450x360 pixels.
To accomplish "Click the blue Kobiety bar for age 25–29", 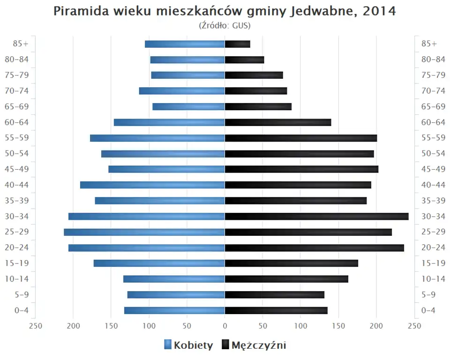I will [144, 232].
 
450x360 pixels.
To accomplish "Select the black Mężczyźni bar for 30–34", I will [316, 217].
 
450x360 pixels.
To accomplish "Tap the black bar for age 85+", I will [237, 44].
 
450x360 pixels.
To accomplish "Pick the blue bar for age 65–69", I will [188, 107].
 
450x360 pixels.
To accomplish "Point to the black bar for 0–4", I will [276, 310].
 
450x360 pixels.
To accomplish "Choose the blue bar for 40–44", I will [152, 185].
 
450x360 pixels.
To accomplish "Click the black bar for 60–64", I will [278, 122].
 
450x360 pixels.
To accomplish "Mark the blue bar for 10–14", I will [174, 279].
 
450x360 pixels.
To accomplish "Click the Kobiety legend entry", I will [193, 345].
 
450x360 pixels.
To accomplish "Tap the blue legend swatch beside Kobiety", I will [168, 345].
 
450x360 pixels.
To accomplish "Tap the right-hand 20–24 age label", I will [433, 247].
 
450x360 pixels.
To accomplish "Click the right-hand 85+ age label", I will [429, 44].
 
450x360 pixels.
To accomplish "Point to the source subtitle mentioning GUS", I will [225, 26].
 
